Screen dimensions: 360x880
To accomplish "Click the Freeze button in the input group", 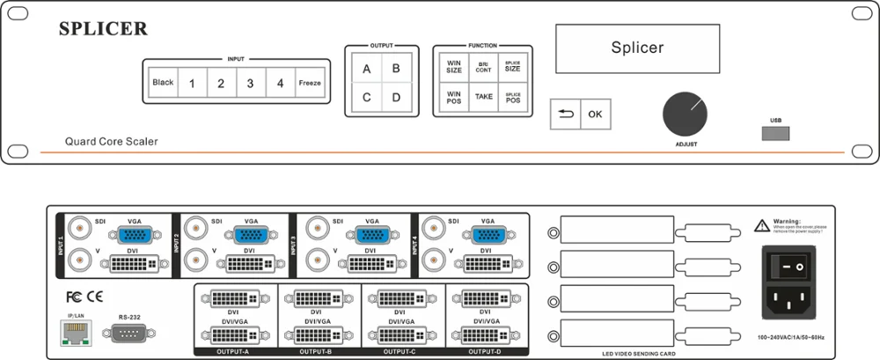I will (x=309, y=83).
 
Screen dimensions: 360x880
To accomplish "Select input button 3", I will (x=250, y=83).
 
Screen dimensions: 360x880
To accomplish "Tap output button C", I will (x=366, y=97).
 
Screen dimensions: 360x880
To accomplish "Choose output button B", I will (x=396, y=69).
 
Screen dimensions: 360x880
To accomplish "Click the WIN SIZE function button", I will (x=454, y=67).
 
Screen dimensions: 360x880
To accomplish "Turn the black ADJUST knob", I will (x=686, y=113).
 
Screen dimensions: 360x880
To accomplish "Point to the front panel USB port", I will (x=775, y=133).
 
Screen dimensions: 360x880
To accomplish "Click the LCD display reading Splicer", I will (x=637, y=47).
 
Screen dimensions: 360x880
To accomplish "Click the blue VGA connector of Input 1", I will (x=134, y=235).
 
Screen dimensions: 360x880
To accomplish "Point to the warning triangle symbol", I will (x=761, y=225).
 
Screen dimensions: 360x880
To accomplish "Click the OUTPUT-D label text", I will (x=484, y=352).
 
